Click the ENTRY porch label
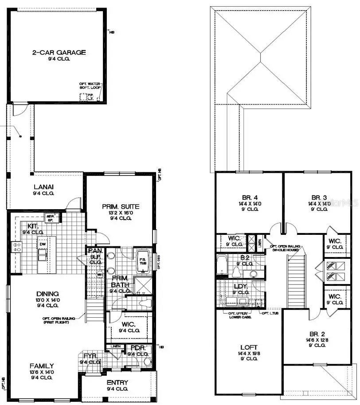(x=117, y=382)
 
